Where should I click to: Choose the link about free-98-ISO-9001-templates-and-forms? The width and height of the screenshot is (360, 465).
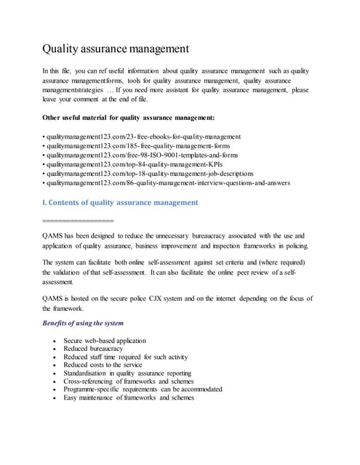(143, 155)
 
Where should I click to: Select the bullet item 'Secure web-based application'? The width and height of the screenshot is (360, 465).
(105, 341)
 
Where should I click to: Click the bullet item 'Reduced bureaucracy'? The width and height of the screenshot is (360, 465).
(93, 349)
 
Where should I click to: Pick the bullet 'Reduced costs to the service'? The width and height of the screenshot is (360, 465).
(103, 365)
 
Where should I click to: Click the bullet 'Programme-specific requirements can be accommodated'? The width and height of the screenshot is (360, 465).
(143, 389)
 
